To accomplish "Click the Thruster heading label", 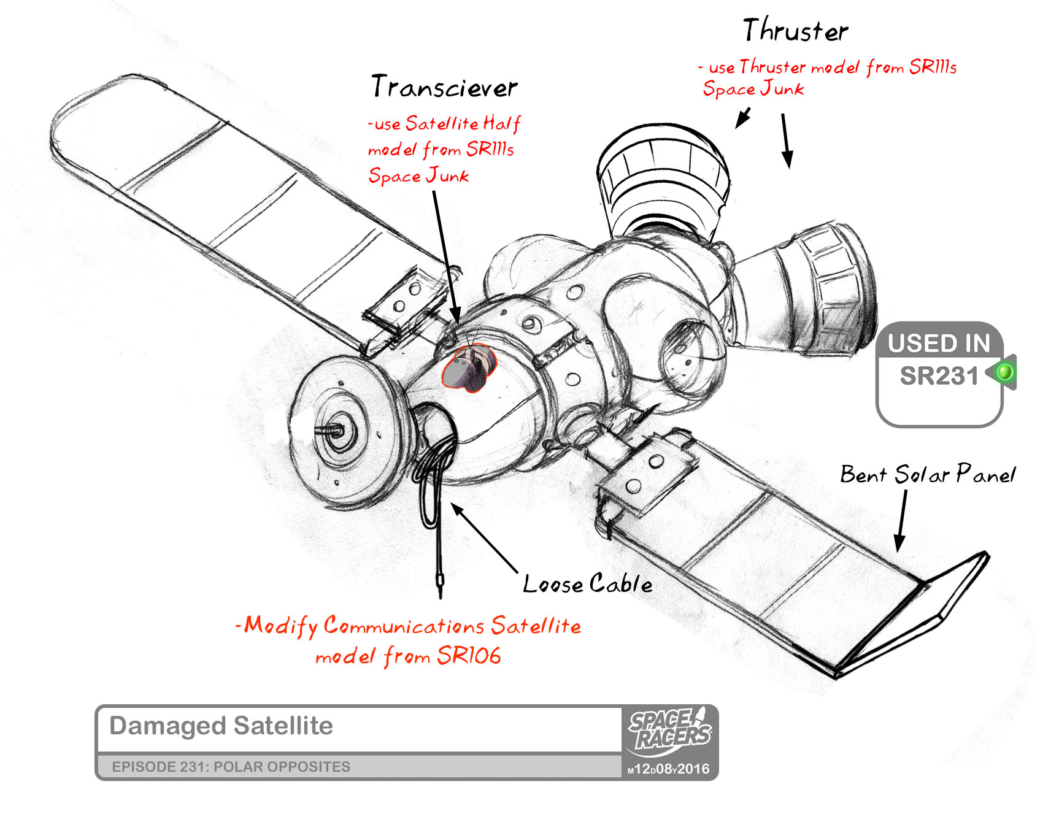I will pos(795,31).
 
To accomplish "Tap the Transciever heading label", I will pos(444,87).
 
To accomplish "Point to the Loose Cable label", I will pos(587,583).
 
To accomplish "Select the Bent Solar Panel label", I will pos(927,474).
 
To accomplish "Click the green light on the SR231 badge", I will pos(1005,372).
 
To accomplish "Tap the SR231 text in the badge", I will pos(939,376).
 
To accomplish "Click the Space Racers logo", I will pos(669,730).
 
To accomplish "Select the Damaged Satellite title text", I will pos(221,726).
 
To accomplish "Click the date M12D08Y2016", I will pos(668,769).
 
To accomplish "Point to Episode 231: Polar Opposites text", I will pos(231,767).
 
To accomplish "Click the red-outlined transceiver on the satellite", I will pos(468,368).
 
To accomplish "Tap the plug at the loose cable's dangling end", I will pos(441,583).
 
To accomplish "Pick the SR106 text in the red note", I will pos(469,656).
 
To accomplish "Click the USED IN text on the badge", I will pos(939,343).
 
